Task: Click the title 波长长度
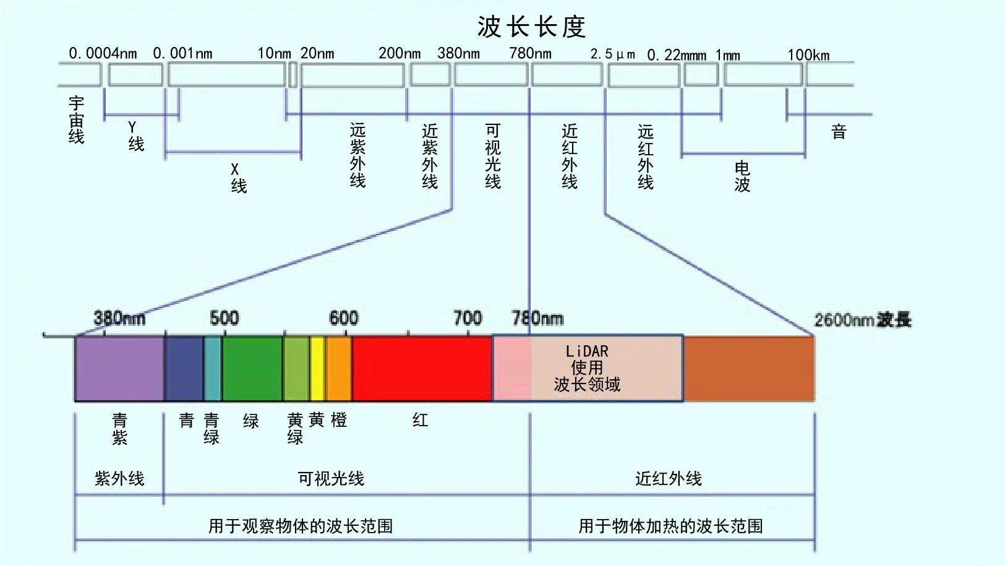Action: [x=532, y=27]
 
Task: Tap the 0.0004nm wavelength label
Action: [x=103, y=53]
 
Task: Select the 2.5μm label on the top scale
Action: [x=612, y=54]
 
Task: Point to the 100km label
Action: [x=808, y=55]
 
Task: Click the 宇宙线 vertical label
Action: [x=76, y=120]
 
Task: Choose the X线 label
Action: [x=238, y=178]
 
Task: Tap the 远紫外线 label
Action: [x=357, y=155]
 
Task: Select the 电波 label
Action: [x=742, y=177]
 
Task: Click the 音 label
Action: [x=839, y=132]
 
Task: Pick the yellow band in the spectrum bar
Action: [x=318, y=369]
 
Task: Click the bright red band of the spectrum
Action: [x=422, y=369]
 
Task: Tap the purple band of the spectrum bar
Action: [x=120, y=369]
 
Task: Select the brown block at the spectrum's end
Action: [x=749, y=369]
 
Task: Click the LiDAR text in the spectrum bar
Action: [x=587, y=351]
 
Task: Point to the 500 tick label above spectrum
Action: [x=225, y=318]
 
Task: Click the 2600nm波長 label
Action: [x=863, y=320]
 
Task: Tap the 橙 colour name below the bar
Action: [x=339, y=421]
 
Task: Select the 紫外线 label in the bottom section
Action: [x=119, y=479]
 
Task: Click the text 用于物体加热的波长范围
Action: [x=670, y=526]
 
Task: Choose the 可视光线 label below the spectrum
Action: [x=331, y=479]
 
